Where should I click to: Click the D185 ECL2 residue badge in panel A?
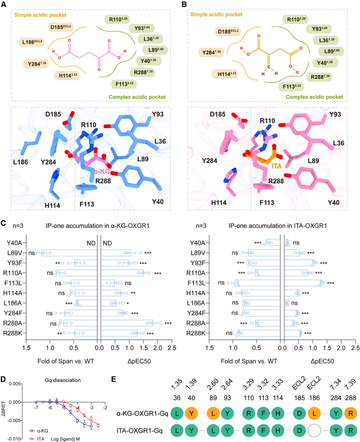(x=61, y=27)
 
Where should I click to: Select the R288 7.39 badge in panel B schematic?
(x=320, y=77)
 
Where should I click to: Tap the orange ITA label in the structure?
(x=277, y=166)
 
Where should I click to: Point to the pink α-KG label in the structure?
(x=102, y=172)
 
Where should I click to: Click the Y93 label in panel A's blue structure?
(x=158, y=114)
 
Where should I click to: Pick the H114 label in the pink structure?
(x=219, y=203)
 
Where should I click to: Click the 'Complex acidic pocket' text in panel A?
(x=137, y=97)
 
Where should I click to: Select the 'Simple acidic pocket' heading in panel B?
(x=216, y=14)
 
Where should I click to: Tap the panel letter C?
(x=4, y=223)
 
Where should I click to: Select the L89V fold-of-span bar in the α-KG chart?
(x=69, y=253)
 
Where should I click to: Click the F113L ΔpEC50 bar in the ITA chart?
(x=303, y=283)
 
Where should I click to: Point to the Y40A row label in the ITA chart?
(x=197, y=243)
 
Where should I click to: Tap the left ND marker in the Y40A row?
(x=91, y=243)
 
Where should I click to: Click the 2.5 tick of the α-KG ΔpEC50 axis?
(x=172, y=348)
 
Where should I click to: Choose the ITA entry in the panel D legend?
(x=37, y=439)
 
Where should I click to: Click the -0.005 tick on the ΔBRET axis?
(x=15, y=420)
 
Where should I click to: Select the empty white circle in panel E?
(x=314, y=431)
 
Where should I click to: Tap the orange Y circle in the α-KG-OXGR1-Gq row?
(x=191, y=413)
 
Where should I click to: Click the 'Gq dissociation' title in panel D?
(x=63, y=380)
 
